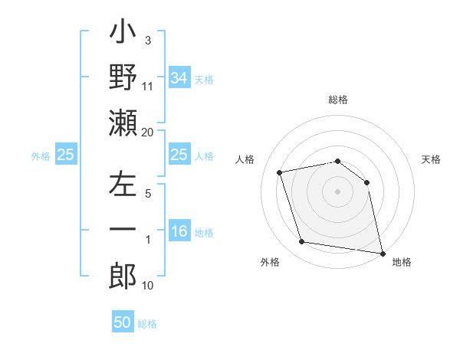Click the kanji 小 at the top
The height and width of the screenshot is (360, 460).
coord(123,35)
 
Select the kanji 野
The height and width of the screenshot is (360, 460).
coord(123,77)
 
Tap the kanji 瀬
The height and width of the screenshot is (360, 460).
coord(123,123)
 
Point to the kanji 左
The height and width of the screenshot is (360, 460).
coord(123,186)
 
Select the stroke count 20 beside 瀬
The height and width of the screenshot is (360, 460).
coord(148,133)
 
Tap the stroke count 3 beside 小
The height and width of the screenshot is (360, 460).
coord(147,41)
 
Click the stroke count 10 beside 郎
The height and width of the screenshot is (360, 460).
coord(148,286)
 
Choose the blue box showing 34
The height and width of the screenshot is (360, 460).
coord(179,77)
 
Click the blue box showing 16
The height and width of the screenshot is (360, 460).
coord(179,231)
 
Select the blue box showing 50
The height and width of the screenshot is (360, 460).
coord(123,322)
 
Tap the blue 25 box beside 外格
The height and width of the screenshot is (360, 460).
coord(65,155)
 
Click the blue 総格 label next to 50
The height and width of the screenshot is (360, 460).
coord(147,324)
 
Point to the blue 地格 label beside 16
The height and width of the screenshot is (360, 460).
coord(204,233)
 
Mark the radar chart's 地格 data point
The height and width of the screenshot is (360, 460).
coord(382,252)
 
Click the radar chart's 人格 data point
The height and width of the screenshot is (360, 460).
coord(280,172)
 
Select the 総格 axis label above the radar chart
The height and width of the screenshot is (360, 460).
coord(338,100)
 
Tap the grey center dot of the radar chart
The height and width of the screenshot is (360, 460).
coord(337,191)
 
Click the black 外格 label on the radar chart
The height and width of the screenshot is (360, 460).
coord(270,262)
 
